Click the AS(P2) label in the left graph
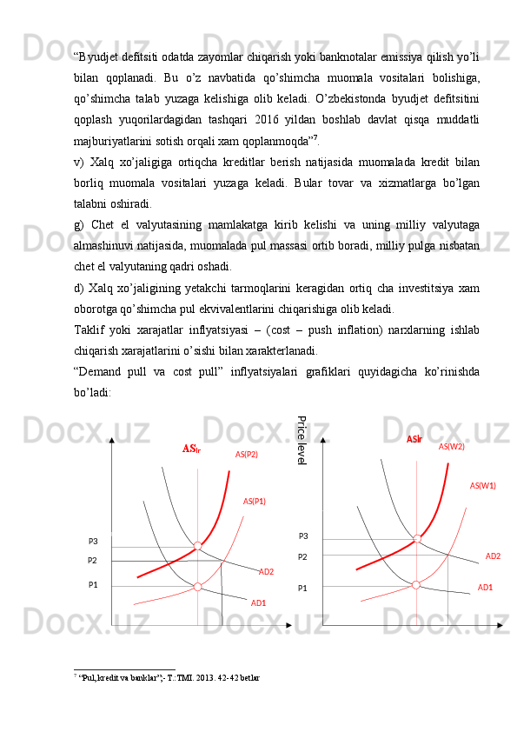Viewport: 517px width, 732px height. [x=246, y=454]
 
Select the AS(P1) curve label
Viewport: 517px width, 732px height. [x=254, y=502]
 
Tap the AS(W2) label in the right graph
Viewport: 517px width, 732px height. [x=451, y=446]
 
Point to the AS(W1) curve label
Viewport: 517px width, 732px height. [x=482, y=486]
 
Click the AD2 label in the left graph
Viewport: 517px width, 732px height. [x=266, y=572]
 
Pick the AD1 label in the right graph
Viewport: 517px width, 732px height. [x=485, y=588]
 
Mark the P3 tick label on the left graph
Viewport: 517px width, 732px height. [x=93, y=542]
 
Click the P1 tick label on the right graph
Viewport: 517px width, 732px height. [x=302, y=589]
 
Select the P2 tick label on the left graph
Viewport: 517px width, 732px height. [x=92, y=561]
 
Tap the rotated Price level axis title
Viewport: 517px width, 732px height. [x=302, y=439]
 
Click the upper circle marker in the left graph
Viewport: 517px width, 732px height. [x=197, y=546]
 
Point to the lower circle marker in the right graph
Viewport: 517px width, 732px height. [x=415, y=585]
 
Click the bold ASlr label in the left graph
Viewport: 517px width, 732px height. [x=191, y=449]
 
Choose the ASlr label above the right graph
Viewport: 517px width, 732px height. [x=414, y=440]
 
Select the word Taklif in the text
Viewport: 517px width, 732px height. [x=90, y=331]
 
